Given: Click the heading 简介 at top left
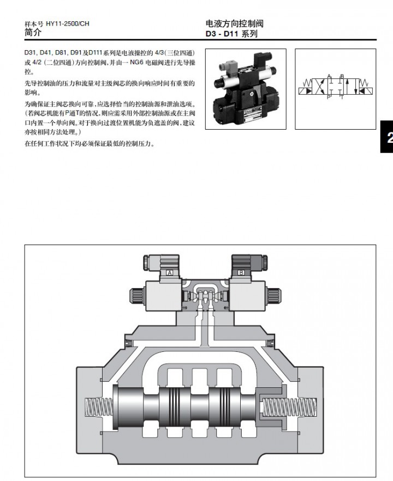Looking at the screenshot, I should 34,33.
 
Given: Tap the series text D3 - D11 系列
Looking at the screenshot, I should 231,34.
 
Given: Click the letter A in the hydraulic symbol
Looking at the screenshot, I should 329,76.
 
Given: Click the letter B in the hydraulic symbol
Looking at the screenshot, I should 342,76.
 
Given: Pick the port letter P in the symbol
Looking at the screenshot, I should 329,98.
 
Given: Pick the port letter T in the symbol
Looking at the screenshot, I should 342,98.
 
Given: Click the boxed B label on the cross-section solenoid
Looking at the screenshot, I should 241,272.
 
